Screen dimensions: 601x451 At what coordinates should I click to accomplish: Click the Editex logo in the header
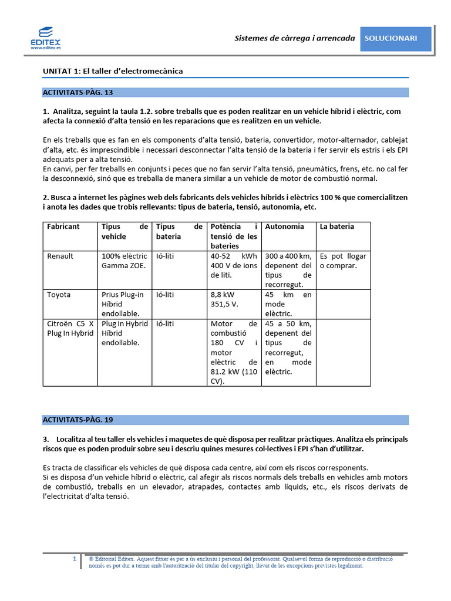click(45, 38)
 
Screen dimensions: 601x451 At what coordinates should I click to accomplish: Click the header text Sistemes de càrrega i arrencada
click(295, 38)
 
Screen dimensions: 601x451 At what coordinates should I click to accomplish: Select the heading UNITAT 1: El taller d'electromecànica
click(113, 71)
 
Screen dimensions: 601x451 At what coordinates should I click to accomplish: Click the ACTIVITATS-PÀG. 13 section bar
click(225, 92)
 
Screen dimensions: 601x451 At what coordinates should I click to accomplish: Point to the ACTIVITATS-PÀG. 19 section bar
click(225, 420)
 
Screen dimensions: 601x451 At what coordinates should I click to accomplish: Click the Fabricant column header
click(63, 227)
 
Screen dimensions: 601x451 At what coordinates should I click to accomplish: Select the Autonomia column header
click(285, 227)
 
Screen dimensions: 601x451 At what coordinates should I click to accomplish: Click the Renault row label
click(60, 256)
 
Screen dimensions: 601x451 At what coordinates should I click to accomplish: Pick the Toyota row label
click(59, 295)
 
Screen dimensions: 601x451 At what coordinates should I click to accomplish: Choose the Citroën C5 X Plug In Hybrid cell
click(70, 329)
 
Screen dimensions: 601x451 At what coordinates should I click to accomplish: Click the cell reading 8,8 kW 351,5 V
click(224, 300)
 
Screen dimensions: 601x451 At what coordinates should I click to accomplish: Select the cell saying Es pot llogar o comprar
click(342, 261)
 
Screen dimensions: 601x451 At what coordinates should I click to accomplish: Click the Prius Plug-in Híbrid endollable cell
click(123, 305)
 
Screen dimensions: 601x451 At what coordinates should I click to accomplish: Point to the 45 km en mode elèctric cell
click(288, 305)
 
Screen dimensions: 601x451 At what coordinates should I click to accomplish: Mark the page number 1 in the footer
click(75, 559)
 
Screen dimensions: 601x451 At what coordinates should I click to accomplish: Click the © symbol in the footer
click(91, 559)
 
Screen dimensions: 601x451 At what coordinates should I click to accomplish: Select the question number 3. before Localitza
click(46, 440)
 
